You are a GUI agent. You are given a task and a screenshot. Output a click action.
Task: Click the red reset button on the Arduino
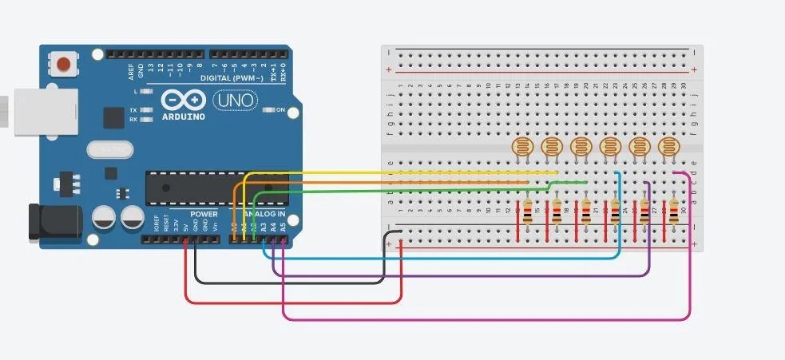point(63,62)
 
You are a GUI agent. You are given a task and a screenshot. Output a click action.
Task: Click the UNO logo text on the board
point(235,101)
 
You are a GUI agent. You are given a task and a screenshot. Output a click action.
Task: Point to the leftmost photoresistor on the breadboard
point(521,147)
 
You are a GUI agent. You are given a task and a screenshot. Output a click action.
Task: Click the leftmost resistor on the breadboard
point(528,212)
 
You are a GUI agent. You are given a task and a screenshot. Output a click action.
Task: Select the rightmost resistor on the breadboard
point(674,212)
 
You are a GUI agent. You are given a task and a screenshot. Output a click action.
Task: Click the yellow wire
point(399,172)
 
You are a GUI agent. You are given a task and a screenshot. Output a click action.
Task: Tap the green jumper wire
point(399,192)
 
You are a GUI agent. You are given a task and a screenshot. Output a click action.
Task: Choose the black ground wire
point(287,282)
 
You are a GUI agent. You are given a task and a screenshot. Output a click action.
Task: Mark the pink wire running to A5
point(479,319)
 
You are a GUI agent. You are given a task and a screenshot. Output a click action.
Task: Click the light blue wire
point(439,258)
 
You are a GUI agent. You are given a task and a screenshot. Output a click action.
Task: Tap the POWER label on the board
point(204,215)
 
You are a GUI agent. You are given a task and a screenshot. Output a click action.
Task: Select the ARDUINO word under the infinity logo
point(182,117)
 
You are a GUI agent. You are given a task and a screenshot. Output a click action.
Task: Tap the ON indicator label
point(280,110)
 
